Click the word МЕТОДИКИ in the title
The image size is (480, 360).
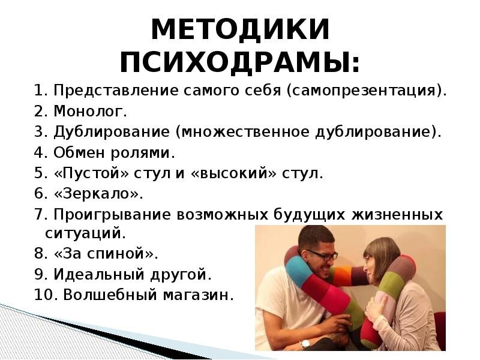pyautogui.click(x=239, y=30)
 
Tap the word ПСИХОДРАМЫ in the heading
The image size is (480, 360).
pyautogui.click(x=239, y=62)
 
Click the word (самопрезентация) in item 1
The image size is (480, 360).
pyautogui.click(x=367, y=91)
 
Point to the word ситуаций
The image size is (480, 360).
pyautogui.click(x=85, y=232)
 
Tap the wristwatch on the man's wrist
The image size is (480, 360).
pyautogui.click(x=305, y=344)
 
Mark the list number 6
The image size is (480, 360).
pyautogui.click(x=40, y=194)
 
